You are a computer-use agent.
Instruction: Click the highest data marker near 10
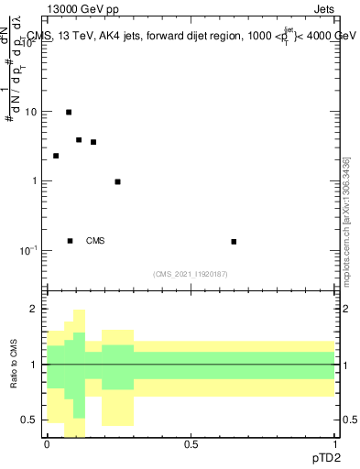pyautogui.click(x=69, y=112)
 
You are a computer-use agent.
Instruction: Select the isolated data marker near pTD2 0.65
pyautogui.click(x=234, y=242)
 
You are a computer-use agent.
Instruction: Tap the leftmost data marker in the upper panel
pyautogui.click(x=56, y=156)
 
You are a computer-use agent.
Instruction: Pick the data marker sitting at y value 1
pyautogui.click(x=118, y=181)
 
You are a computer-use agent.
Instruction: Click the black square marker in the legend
pyautogui.click(x=70, y=241)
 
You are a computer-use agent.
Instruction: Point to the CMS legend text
pyautogui.click(x=95, y=241)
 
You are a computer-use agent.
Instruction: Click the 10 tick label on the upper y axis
pyautogui.click(x=31, y=112)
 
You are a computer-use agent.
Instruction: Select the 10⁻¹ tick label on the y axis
pyautogui.click(x=29, y=250)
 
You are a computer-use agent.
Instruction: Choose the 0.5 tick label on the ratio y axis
pyautogui.click(x=29, y=420)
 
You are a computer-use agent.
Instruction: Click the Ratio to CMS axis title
pyautogui.click(x=15, y=365)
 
